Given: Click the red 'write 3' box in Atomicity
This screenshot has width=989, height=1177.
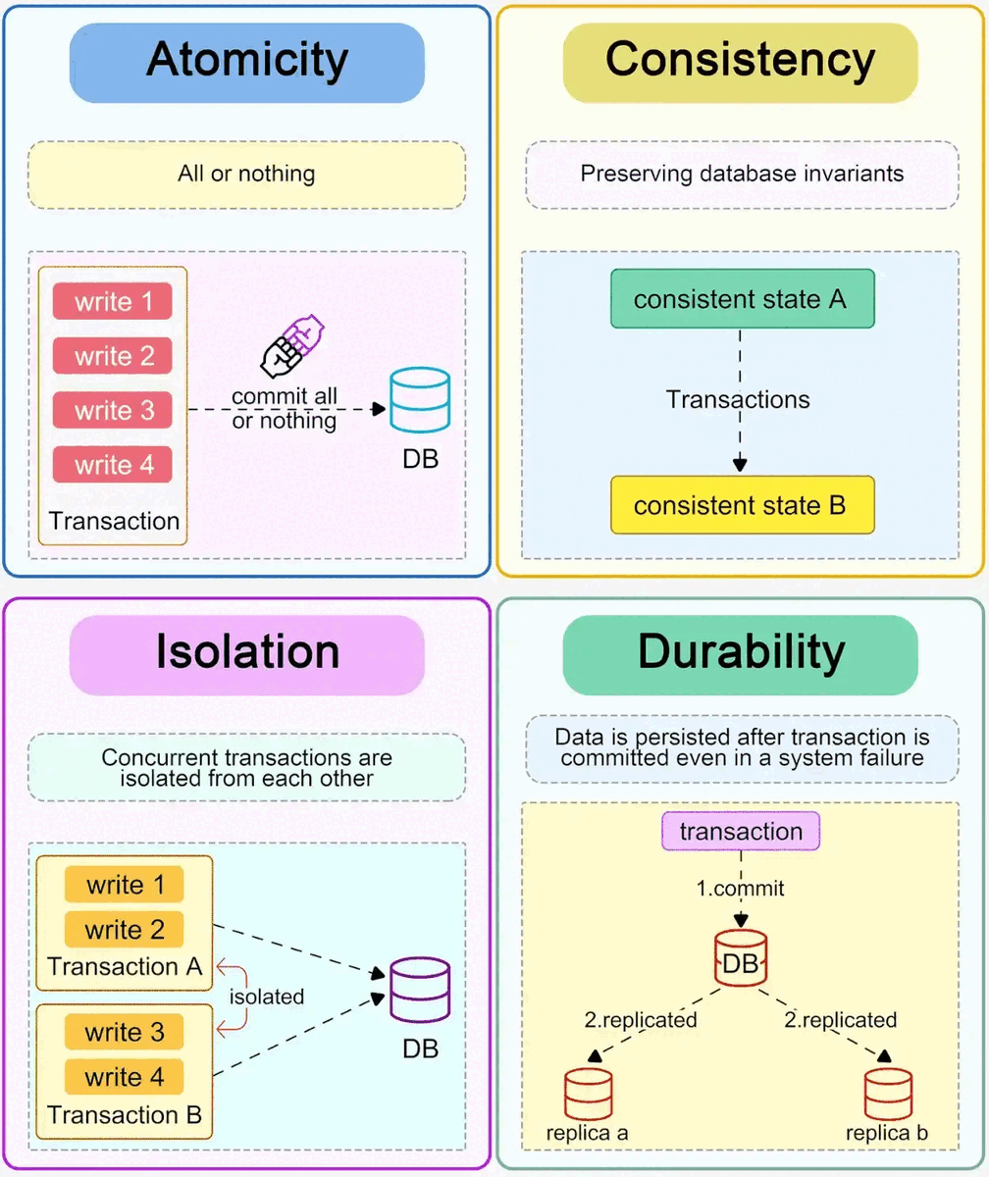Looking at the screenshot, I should pos(112,409).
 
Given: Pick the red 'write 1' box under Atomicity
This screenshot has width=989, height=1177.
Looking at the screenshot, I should pos(112,301).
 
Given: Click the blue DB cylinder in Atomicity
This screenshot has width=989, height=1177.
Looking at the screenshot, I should pos(419,399).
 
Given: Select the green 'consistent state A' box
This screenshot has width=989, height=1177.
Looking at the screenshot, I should pos(741,298).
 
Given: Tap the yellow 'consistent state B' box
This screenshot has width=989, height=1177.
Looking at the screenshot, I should pos(741,505).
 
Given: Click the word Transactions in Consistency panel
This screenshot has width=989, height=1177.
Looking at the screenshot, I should pos(738,399).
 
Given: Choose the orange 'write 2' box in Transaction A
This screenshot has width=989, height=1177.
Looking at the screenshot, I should pos(124,929).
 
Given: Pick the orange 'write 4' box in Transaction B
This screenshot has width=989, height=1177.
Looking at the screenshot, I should pos(124,1078).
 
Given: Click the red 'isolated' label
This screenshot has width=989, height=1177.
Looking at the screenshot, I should pos(267,996).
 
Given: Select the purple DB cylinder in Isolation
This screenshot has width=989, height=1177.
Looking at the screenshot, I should pos(420,990).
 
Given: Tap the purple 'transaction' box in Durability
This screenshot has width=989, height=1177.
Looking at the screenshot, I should pos(741,832).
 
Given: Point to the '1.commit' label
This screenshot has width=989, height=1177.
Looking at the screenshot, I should pos(741,890).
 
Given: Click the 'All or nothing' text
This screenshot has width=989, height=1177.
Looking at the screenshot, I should pos(246,175).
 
